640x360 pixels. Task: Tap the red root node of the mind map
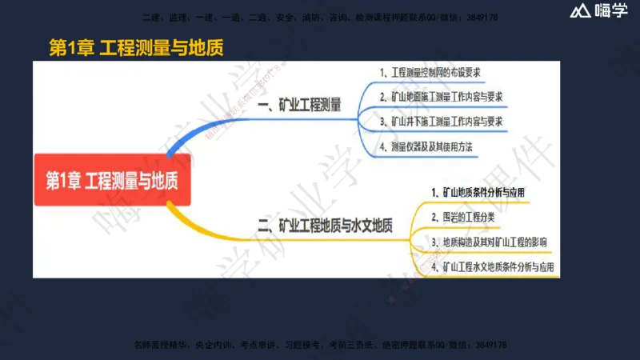tap(111, 181)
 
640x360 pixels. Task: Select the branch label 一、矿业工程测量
tap(299, 105)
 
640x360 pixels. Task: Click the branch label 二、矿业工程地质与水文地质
tap(324, 226)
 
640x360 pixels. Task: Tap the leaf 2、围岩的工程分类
tap(463, 217)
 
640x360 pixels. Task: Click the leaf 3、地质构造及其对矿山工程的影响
tap(489, 242)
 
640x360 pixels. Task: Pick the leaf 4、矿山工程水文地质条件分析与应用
tap(492, 266)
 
